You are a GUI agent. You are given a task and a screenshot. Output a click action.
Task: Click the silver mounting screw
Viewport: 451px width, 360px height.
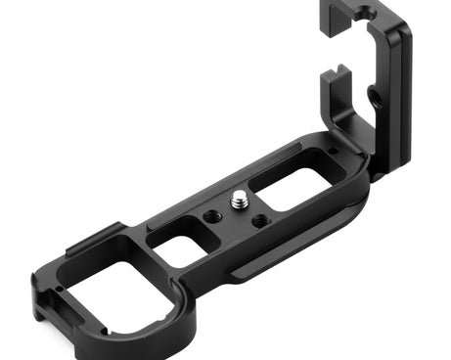(240, 200)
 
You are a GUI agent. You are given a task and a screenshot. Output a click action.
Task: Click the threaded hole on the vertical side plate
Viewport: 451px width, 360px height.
(373, 95)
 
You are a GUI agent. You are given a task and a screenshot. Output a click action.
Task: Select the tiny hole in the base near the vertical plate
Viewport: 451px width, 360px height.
(333, 150)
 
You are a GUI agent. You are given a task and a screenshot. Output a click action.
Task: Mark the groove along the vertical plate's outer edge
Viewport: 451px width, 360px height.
(402, 98)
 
